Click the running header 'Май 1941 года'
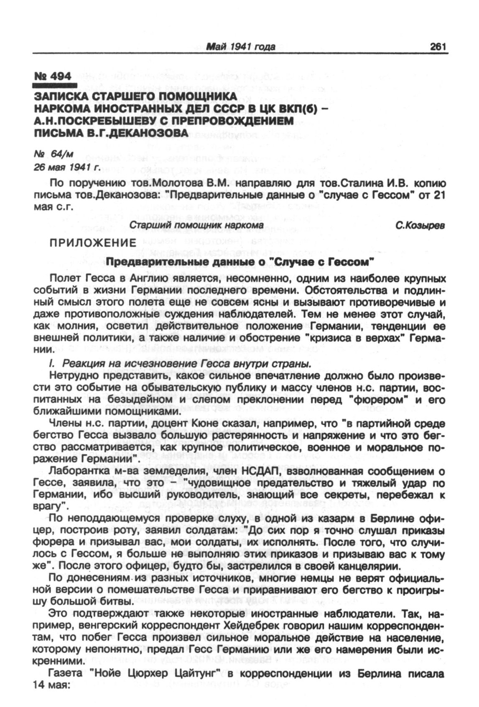point(241,47)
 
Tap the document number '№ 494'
point(53,76)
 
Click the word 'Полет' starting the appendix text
point(63,279)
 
